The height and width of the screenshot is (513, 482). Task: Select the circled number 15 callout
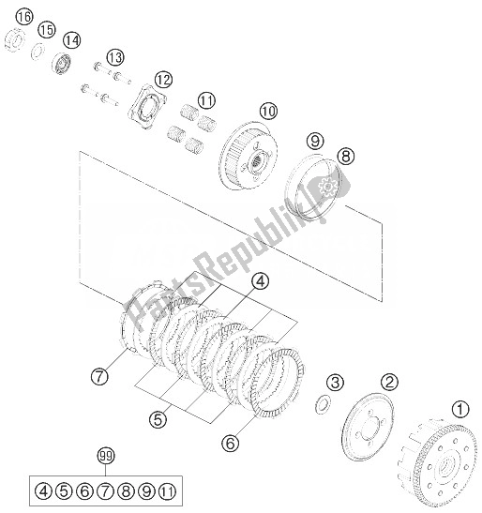[47, 29]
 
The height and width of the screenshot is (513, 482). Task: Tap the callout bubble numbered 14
[71, 40]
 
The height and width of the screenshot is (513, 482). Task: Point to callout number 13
[115, 58]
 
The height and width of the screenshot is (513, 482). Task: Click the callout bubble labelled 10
[243, 112]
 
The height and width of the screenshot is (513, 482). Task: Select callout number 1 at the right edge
[459, 409]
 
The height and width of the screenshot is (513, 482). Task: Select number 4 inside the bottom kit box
[44, 490]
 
